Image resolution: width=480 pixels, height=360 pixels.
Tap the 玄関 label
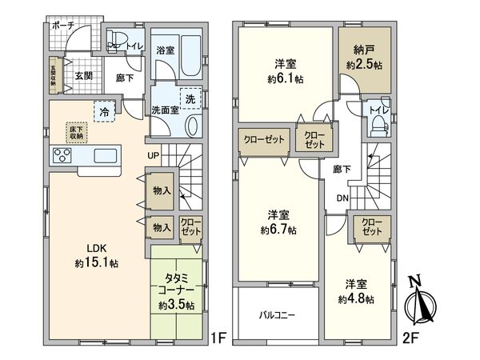click(x=85, y=77)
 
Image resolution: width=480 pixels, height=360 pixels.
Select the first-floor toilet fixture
click(x=118, y=42)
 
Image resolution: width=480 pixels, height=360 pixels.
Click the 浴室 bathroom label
click(x=166, y=49)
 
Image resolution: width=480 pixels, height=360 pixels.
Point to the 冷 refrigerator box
click(x=104, y=111)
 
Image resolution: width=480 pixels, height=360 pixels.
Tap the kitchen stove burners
click(x=62, y=155)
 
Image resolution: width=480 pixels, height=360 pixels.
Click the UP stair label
click(x=152, y=156)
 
